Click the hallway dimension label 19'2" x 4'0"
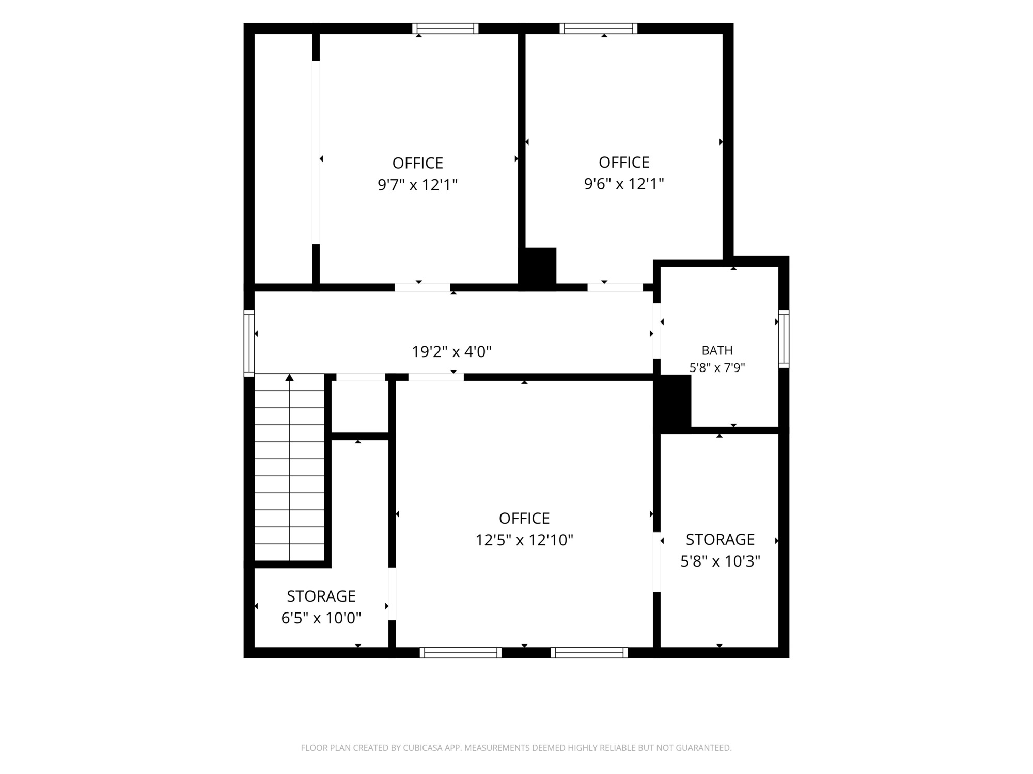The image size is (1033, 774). (x=451, y=352)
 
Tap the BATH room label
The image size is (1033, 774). (x=717, y=350)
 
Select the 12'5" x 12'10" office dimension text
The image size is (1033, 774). (x=524, y=540)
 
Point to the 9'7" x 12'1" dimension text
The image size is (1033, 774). (x=418, y=184)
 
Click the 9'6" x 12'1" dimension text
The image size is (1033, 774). (x=624, y=184)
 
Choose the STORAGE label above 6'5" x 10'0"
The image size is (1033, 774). (x=321, y=596)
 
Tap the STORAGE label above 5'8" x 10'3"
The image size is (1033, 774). (x=721, y=539)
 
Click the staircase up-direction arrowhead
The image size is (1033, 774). (x=290, y=378)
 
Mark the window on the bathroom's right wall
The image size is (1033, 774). (x=784, y=338)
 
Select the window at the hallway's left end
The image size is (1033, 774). (x=249, y=343)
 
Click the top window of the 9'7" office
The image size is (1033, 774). (x=445, y=28)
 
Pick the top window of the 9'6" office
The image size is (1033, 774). (x=599, y=28)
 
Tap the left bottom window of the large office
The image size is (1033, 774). (x=461, y=653)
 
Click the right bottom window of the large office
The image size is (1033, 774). (x=589, y=653)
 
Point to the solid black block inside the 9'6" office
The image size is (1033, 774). (x=538, y=267)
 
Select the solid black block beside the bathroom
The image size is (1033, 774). (x=672, y=404)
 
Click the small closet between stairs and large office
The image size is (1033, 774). (x=360, y=407)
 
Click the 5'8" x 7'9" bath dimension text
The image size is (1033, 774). (x=717, y=368)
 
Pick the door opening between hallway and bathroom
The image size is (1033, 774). (x=657, y=331)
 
